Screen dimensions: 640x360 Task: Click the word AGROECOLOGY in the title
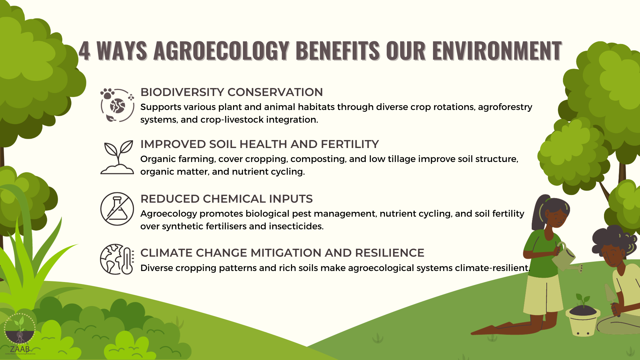tap(221, 51)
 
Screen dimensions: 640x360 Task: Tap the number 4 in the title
tap(84, 51)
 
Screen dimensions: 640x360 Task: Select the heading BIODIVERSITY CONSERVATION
tap(232, 92)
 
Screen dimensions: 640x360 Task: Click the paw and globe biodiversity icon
tap(117, 105)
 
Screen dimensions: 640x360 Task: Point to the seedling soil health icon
tap(117, 157)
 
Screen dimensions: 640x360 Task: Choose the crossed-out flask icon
tap(117, 209)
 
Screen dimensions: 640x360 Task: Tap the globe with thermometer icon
tap(117, 259)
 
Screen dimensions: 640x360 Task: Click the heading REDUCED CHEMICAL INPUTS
tap(226, 199)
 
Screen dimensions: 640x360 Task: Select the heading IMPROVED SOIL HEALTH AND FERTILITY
tap(260, 144)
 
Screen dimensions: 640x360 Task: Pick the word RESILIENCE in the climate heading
tap(390, 253)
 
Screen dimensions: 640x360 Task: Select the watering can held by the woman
tap(567, 258)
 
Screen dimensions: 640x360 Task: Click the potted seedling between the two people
tap(583, 315)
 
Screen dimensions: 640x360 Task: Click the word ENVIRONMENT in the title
tap(497, 51)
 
